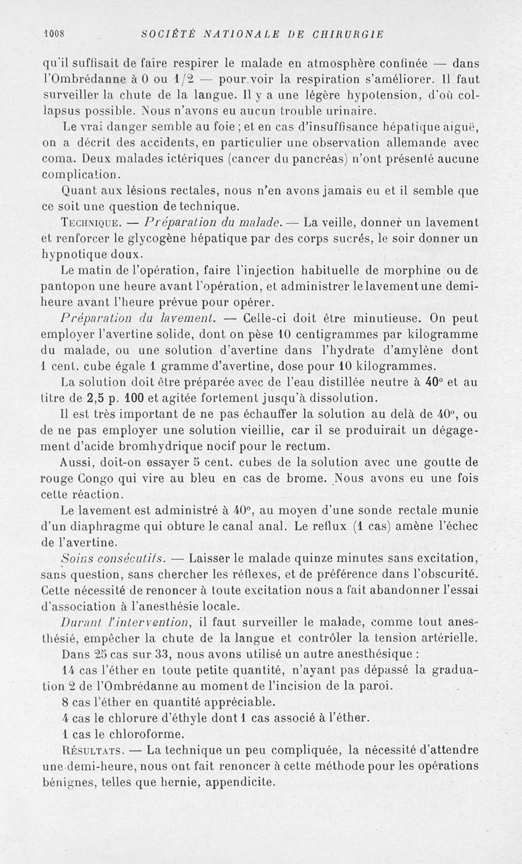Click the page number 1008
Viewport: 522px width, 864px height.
coord(57,34)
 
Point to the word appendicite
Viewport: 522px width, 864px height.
coord(239,782)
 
